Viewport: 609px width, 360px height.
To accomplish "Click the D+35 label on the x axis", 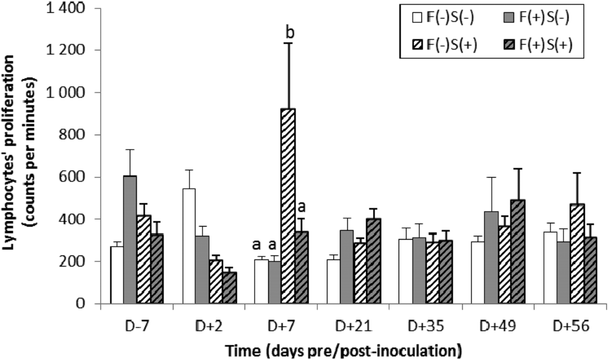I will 423,326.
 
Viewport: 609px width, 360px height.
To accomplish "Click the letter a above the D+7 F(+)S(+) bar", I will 301,206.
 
